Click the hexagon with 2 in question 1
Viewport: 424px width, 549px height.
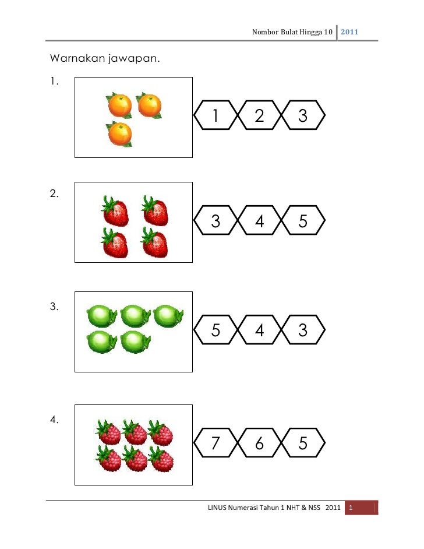tap(259, 117)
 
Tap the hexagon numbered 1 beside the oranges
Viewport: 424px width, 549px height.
tap(215, 117)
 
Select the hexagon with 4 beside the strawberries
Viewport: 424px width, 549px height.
tap(259, 221)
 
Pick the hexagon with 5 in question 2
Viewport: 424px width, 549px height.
tap(303, 221)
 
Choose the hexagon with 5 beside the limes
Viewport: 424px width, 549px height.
tap(215, 331)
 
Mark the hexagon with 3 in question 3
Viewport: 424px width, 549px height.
tap(303, 331)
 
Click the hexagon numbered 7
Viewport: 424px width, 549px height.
tap(215, 444)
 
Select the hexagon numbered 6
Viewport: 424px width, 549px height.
tap(259, 444)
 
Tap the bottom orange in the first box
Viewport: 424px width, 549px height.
tap(120, 134)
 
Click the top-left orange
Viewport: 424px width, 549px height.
tap(119, 106)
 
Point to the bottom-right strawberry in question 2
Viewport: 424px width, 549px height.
tap(155, 244)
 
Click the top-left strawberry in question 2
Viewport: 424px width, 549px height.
tap(115, 211)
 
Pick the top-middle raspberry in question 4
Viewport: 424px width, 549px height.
tap(135, 433)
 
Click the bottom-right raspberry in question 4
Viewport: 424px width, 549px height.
tap(161, 459)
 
